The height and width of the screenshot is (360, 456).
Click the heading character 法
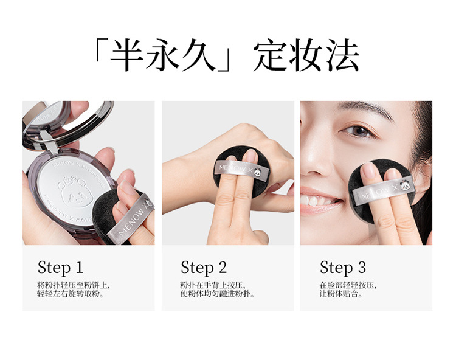(342, 55)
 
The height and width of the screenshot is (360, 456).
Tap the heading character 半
(127, 55)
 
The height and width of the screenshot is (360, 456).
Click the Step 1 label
(60, 268)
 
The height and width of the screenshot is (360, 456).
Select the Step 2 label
(204, 268)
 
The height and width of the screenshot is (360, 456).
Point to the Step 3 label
(343, 268)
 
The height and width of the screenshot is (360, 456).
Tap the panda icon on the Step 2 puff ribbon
(258, 172)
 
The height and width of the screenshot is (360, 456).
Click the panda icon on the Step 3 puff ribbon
(405, 185)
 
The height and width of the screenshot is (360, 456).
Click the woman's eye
(359, 131)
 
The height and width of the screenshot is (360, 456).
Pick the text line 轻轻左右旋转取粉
(71, 294)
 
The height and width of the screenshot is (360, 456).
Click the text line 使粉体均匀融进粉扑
(217, 294)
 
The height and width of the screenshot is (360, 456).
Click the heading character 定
(269, 55)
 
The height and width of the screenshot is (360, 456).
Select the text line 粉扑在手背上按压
(212, 285)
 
